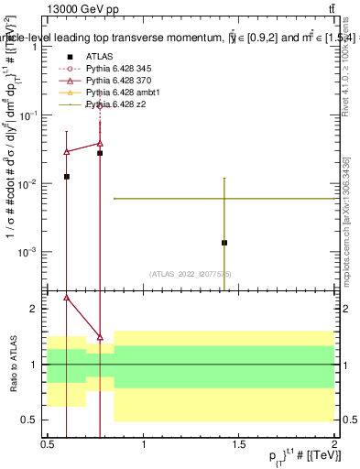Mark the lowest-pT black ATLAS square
point(66,176)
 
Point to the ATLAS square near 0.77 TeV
point(100,153)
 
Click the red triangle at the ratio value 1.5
point(100,337)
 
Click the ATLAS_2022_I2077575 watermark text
point(191,274)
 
